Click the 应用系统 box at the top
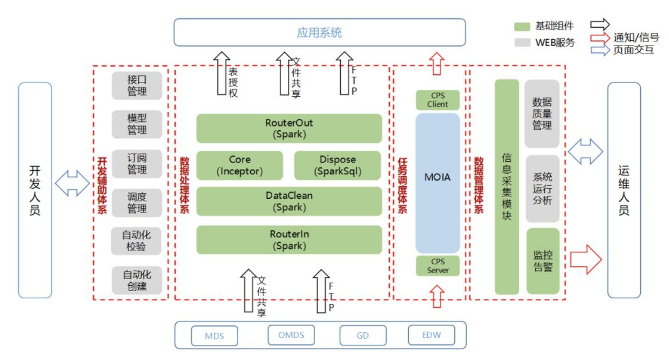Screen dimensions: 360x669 (319, 32)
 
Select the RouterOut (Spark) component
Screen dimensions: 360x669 (289, 128)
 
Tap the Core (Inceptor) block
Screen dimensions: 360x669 (239, 165)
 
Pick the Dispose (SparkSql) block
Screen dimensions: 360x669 (338, 165)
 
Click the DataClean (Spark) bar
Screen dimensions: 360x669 (289, 201)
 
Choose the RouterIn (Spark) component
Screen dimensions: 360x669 (289, 240)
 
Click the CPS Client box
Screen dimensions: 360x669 (438, 100)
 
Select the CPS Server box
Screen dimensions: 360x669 (438, 266)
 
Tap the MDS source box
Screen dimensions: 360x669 (214, 335)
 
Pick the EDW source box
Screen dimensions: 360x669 (431, 335)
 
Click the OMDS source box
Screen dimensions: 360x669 (291, 335)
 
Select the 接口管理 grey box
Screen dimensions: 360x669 (137, 85)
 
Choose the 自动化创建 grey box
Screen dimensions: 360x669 (137, 280)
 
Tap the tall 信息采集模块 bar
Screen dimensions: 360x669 (507, 187)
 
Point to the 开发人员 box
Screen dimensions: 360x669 (35, 190)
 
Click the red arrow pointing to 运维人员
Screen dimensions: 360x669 (585, 259)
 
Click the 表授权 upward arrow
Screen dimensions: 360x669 (222, 73)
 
